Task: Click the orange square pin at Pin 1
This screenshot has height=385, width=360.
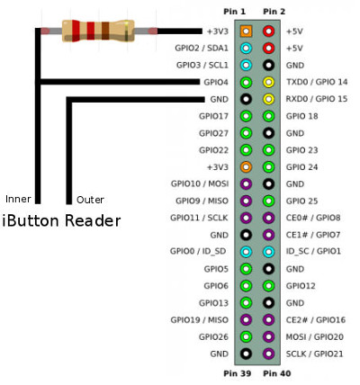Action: click(246, 31)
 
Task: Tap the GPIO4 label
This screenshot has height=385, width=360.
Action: click(216, 82)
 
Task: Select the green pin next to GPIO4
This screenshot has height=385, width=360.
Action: click(246, 82)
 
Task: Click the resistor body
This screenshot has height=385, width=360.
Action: click(98, 31)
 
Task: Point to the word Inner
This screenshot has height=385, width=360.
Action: click(18, 199)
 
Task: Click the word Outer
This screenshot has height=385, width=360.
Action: click(90, 200)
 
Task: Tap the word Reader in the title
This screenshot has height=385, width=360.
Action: click(93, 220)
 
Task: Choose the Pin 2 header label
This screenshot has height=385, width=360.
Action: click(274, 12)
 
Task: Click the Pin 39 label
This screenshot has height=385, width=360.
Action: click(238, 373)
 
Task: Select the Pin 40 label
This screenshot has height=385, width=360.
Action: click(277, 373)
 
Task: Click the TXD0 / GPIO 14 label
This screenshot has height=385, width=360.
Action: click(317, 82)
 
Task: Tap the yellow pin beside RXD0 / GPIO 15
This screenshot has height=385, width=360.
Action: click(268, 99)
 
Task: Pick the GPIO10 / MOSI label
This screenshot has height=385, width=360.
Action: click(200, 184)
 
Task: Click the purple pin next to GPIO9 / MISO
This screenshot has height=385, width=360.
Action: click(246, 201)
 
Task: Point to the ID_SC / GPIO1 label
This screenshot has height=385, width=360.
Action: click(313, 251)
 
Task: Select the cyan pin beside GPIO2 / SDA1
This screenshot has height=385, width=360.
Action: click(246, 48)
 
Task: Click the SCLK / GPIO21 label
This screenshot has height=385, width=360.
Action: click(314, 354)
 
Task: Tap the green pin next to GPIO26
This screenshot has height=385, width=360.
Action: click(246, 336)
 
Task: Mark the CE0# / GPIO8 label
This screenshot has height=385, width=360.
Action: click(313, 218)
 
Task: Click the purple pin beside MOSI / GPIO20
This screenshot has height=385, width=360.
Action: click(268, 336)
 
